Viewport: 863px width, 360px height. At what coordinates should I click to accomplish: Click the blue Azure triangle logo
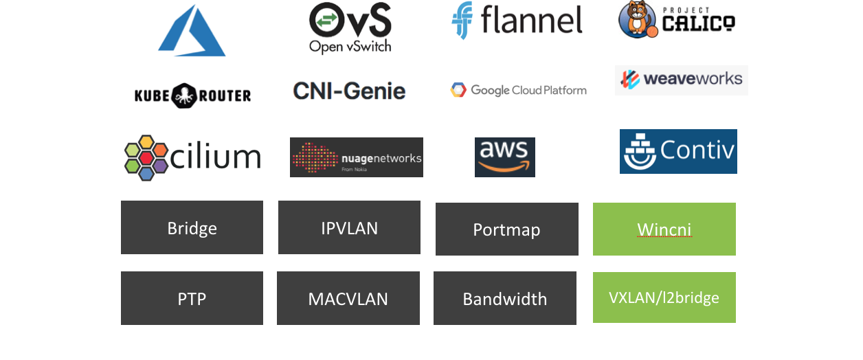point(192,33)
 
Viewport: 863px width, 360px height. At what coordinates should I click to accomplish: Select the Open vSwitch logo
point(350,27)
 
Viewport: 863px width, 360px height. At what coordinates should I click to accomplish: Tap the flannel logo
point(517,20)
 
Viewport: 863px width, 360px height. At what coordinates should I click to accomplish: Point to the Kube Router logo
point(192,95)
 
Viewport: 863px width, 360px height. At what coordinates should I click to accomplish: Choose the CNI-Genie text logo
point(349,91)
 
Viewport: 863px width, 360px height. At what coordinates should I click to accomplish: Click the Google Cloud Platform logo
point(519,90)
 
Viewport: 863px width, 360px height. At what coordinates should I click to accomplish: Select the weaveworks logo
point(681,79)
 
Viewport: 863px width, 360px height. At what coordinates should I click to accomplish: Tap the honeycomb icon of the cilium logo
point(146,157)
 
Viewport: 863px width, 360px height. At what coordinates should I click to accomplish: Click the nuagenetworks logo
point(356,157)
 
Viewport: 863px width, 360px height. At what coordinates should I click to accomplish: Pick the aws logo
point(504,157)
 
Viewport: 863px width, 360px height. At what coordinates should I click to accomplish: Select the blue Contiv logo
point(678,151)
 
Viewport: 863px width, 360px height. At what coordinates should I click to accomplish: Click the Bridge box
point(192,227)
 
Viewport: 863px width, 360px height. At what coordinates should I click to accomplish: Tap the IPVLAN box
point(349,227)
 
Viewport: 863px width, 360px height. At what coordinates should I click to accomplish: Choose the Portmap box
point(506,229)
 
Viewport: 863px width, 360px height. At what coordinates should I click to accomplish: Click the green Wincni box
point(664,229)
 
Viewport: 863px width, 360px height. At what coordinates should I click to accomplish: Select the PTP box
point(192,298)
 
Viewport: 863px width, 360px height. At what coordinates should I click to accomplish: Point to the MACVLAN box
point(348,298)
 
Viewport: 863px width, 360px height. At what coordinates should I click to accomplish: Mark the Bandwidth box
point(504,298)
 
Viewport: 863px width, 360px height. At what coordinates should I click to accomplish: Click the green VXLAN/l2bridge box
point(664,297)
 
